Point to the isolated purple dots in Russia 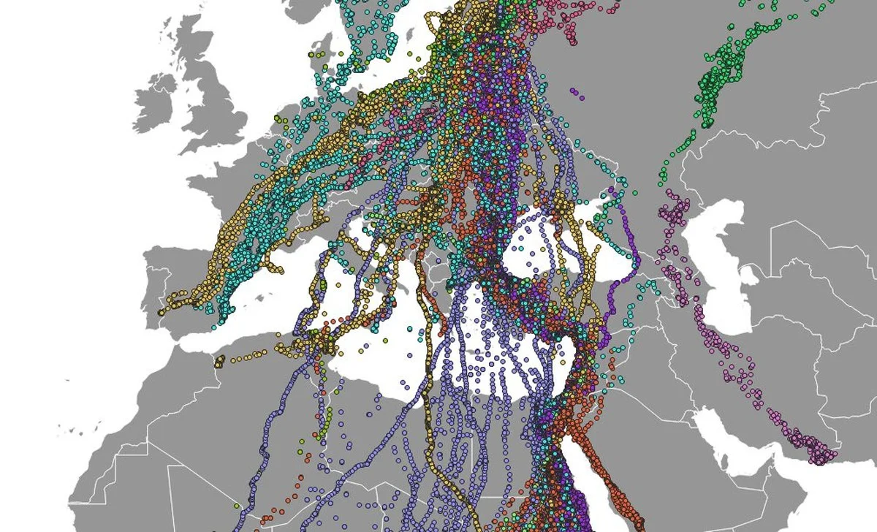(x=577, y=94)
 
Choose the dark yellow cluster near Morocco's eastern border (x=220, y=360)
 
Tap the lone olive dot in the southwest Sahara (x=237, y=505)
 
